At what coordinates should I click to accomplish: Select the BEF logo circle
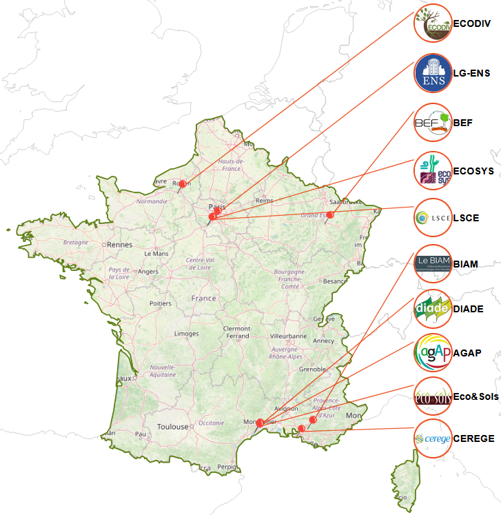pyautogui.click(x=433, y=123)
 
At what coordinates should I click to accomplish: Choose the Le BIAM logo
pyautogui.click(x=433, y=263)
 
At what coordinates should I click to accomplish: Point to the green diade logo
pyautogui.click(x=433, y=308)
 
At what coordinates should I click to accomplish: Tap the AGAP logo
pyautogui.click(x=433, y=353)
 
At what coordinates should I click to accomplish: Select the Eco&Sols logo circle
pyautogui.click(x=433, y=397)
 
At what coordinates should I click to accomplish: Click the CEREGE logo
pyautogui.click(x=433, y=438)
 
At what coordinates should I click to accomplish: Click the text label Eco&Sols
pyautogui.click(x=476, y=397)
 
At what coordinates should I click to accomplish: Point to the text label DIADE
pyautogui.click(x=468, y=309)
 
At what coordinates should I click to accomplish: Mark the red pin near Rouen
pyautogui.click(x=183, y=183)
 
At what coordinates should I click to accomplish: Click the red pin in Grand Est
pyautogui.click(x=329, y=215)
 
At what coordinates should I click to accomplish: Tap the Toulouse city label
pyautogui.click(x=172, y=427)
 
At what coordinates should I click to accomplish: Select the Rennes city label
pyautogui.click(x=119, y=244)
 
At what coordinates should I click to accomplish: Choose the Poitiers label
pyautogui.click(x=160, y=303)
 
